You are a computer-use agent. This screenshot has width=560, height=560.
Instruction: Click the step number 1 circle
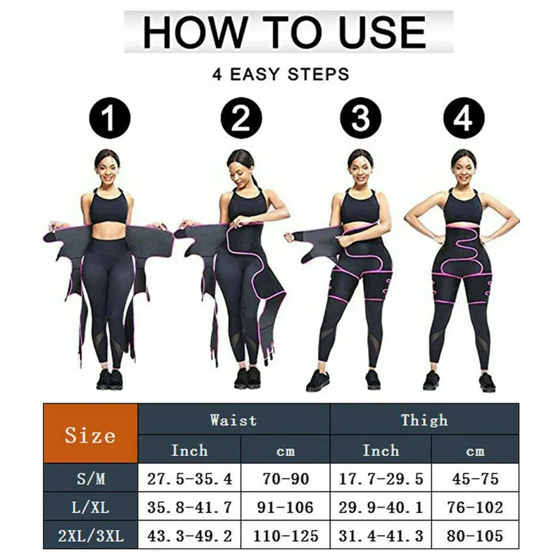coord(110,119)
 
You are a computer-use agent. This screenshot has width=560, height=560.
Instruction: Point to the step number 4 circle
coord(464,119)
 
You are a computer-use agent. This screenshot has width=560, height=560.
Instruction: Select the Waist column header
coord(233,420)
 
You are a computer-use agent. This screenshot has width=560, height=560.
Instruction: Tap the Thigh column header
coord(424,420)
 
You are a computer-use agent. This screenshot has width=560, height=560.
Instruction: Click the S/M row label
coord(90,478)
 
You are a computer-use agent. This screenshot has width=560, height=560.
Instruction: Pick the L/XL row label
coord(90,507)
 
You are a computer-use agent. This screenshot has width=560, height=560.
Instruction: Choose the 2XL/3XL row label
coord(90,536)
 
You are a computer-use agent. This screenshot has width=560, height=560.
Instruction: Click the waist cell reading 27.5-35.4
coord(190,478)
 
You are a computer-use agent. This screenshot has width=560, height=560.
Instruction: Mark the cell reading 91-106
coord(286,507)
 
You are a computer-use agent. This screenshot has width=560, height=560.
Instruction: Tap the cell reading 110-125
coord(286,536)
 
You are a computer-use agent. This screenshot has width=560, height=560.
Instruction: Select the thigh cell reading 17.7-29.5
coord(381,478)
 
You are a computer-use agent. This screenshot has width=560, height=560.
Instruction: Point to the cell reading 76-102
coord(475,507)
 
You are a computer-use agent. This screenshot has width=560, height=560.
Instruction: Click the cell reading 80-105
coord(475,536)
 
